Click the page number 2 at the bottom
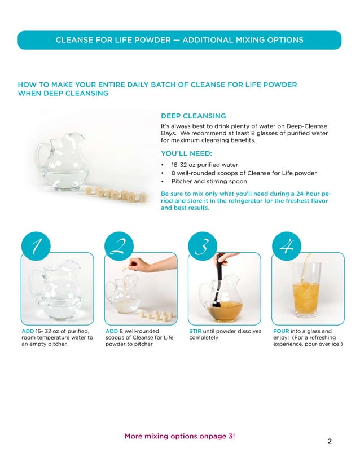[x=330, y=441]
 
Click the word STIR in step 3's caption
[x=195, y=331]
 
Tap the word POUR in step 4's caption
[x=282, y=331]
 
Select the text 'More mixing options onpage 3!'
[x=179, y=436]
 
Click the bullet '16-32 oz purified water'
[x=201, y=165]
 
